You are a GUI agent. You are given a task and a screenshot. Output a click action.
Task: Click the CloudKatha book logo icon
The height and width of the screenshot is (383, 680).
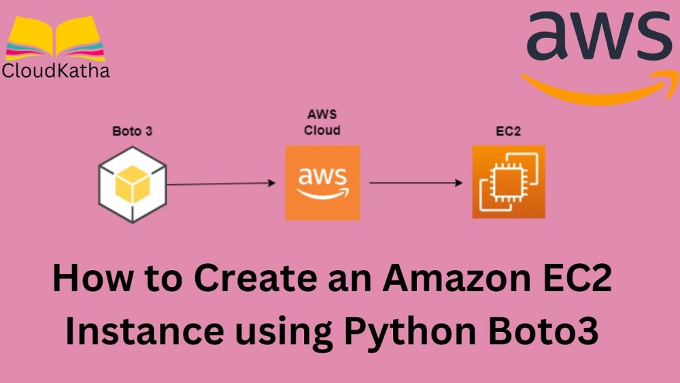pos(54,39)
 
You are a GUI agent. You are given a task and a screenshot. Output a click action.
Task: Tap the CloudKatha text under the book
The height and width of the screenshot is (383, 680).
pos(56,70)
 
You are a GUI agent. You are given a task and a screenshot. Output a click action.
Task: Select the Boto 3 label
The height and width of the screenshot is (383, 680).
pos(132,131)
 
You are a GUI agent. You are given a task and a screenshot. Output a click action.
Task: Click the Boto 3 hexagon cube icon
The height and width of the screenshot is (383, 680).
pos(132,184)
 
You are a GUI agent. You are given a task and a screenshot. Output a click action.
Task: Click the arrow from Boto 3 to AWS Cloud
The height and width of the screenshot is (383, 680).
pos(220,183)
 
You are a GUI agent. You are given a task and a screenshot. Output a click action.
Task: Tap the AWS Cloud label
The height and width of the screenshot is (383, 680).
pos(322,122)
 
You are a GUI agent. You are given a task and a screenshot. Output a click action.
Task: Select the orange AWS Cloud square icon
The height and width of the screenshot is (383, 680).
pos(322,182)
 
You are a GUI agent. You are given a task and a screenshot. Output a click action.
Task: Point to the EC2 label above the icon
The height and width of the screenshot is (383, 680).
pos(509,131)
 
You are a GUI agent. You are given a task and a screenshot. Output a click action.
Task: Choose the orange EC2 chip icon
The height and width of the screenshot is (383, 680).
pos(508,182)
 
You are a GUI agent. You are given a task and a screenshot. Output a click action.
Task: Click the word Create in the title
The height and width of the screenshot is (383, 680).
pos(239,280)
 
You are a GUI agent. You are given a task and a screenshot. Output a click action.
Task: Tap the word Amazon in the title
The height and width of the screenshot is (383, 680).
pos(442,280)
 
